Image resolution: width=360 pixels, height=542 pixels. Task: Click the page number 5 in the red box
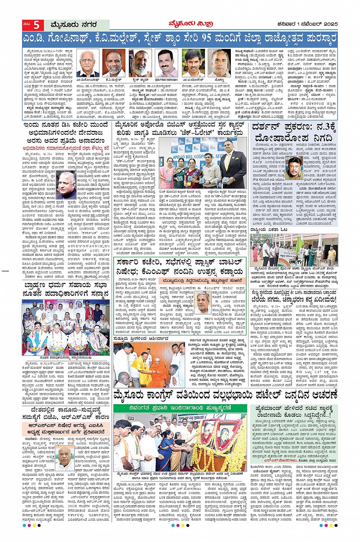[36, 25]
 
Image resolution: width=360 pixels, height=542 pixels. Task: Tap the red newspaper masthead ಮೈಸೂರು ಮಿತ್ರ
[190, 24]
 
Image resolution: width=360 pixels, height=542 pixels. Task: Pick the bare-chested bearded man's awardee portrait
[142, 63]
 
